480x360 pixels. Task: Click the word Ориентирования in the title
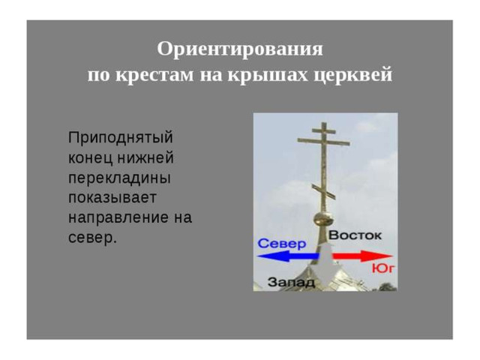point(240,49)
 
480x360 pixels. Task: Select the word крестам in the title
point(154,74)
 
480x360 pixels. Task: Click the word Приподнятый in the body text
point(121,137)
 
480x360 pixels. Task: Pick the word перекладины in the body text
point(119,178)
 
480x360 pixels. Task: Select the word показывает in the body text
point(112,198)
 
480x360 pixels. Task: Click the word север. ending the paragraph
point(92,238)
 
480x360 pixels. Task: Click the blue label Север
point(282,244)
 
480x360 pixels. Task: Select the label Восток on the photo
point(355,235)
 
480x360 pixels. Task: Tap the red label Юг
point(383,268)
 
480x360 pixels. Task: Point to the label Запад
point(291,282)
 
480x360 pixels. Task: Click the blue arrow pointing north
point(288,256)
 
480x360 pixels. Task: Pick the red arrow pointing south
point(362,256)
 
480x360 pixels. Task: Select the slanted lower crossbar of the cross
point(323,192)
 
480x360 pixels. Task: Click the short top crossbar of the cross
point(324,130)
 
